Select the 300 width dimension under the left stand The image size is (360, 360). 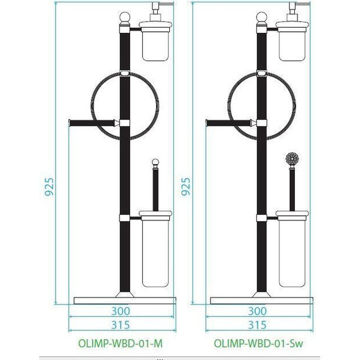pos(121,311)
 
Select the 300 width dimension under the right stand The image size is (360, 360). pos(257,311)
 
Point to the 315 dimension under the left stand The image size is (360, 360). pos(121,325)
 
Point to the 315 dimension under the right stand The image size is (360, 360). pos(257,325)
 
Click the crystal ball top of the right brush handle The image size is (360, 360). pos(292,158)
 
